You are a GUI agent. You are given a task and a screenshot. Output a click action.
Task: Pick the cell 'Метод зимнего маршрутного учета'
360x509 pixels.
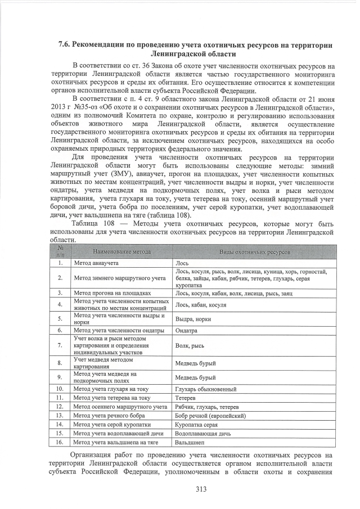click(x=119, y=278)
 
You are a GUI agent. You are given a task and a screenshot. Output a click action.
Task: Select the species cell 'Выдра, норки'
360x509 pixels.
click(x=193, y=318)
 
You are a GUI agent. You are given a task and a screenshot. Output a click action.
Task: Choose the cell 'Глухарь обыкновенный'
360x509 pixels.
click(x=205, y=389)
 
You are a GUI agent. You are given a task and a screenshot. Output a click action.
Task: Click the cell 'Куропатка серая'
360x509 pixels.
click(x=196, y=425)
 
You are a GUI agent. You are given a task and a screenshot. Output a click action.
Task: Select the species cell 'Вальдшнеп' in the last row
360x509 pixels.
click(x=189, y=443)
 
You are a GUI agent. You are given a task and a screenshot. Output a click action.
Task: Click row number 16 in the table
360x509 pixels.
click(x=59, y=443)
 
